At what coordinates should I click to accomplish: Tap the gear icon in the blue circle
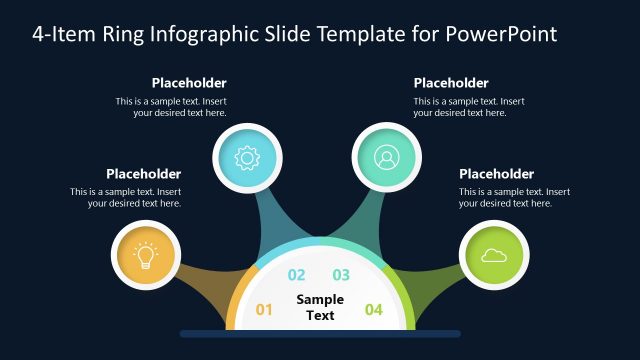[x=247, y=157]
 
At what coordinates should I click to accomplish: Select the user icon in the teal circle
[x=386, y=157]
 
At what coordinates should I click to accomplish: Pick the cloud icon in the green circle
[x=493, y=256]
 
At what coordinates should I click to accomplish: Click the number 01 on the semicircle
[x=264, y=310]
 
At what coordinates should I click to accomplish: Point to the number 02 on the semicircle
[x=297, y=275]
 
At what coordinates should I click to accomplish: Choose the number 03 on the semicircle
[x=341, y=275]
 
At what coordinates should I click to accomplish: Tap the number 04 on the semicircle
[x=373, y=310]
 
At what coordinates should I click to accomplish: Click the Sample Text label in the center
[x=320, y=307]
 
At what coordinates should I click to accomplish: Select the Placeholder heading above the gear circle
[x=189, y=83]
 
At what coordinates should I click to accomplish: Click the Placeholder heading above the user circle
[x=451, y=83]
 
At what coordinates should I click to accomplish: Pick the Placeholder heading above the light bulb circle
[x=143, y=173]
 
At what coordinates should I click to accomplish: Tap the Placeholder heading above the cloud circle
[x=497, y=173]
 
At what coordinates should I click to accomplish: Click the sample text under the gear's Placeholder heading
[x=171, y=107]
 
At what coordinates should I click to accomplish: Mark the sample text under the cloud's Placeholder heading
[x=514, y=197]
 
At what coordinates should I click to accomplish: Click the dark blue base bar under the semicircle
[x=320, y=333]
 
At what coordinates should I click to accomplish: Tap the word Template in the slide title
[x=362, y=33]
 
